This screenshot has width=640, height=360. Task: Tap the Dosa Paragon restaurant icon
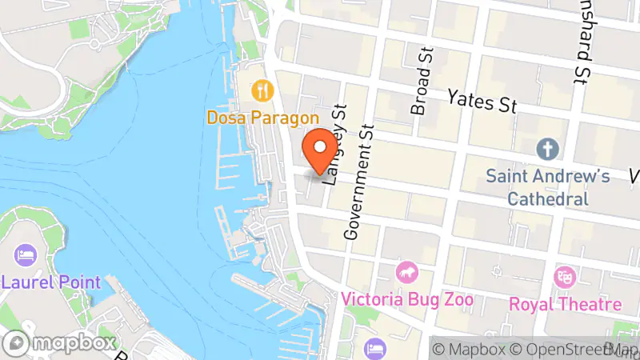[262, 91]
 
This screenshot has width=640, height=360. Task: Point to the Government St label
[358, 182]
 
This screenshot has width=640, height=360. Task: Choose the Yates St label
[482, 101]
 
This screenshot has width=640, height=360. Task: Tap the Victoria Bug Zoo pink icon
[408, 273]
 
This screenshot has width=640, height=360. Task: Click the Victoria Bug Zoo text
[407, 300]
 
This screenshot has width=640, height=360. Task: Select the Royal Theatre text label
[566, 304]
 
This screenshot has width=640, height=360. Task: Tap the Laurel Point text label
[51, 282]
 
